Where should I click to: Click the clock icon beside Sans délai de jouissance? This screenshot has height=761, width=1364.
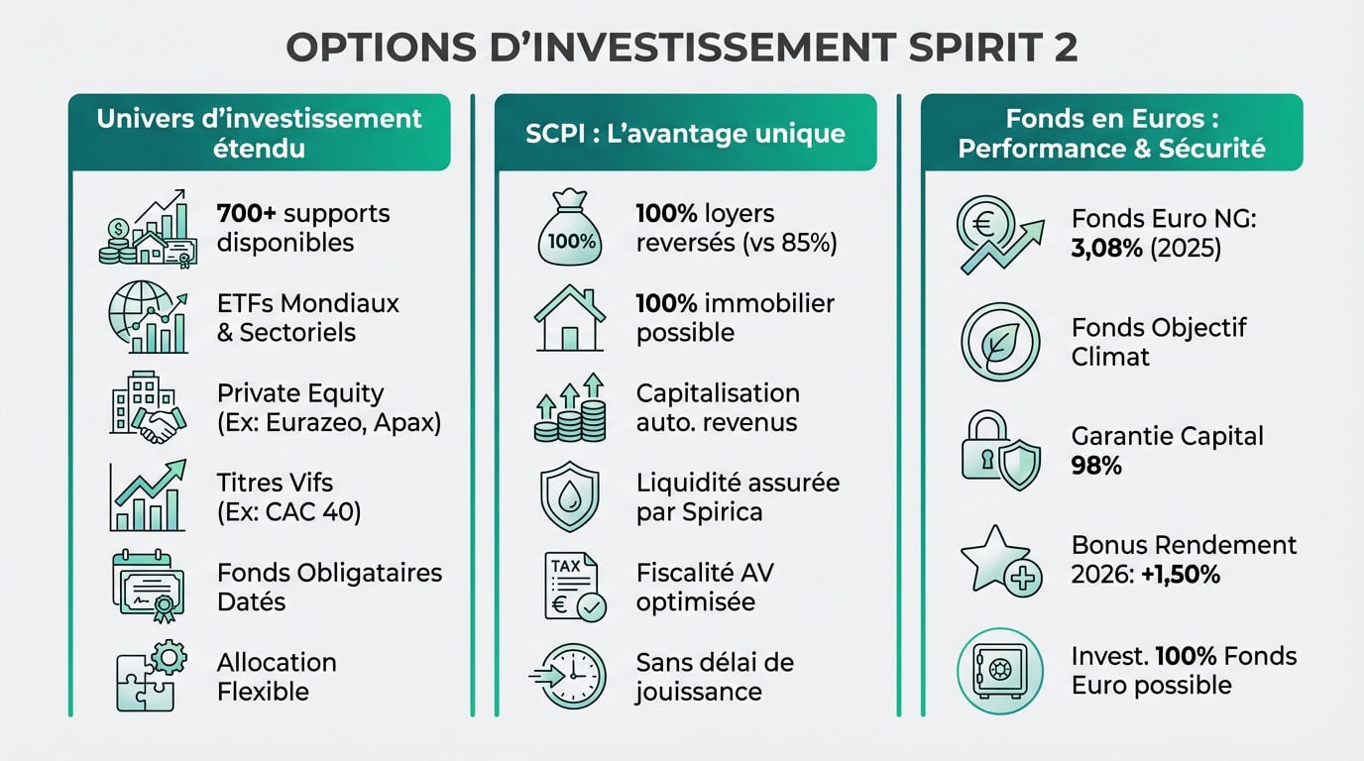(x=570, y=676)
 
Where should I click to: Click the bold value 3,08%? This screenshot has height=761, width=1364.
(x=1107, y=248)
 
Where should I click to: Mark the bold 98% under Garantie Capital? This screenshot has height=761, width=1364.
(x=1096, y=466)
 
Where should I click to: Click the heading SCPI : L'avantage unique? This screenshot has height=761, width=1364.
(x=685, y=133)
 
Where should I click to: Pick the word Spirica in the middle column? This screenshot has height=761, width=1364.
(x=726, y=512)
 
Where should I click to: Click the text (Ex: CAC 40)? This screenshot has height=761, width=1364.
(x=288, y=512)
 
